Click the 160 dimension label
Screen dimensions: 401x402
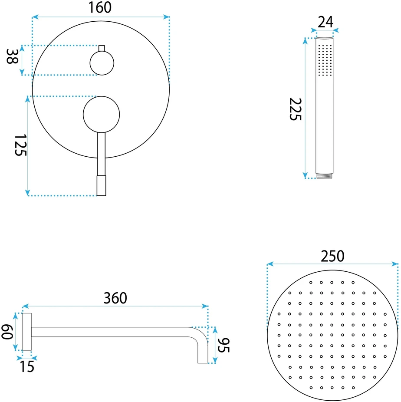(100, 7)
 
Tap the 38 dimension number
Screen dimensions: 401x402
(12, 56)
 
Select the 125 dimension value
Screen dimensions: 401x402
(20, 145)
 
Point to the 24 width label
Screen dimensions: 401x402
(325, 22)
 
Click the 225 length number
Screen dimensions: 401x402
(296, 109)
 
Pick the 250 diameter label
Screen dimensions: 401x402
(332, 256)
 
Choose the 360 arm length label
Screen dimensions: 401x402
(115, 298)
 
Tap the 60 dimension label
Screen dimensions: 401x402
(7, 332)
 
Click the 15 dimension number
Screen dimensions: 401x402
(27, 367)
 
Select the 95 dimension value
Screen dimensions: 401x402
(224, 345)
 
